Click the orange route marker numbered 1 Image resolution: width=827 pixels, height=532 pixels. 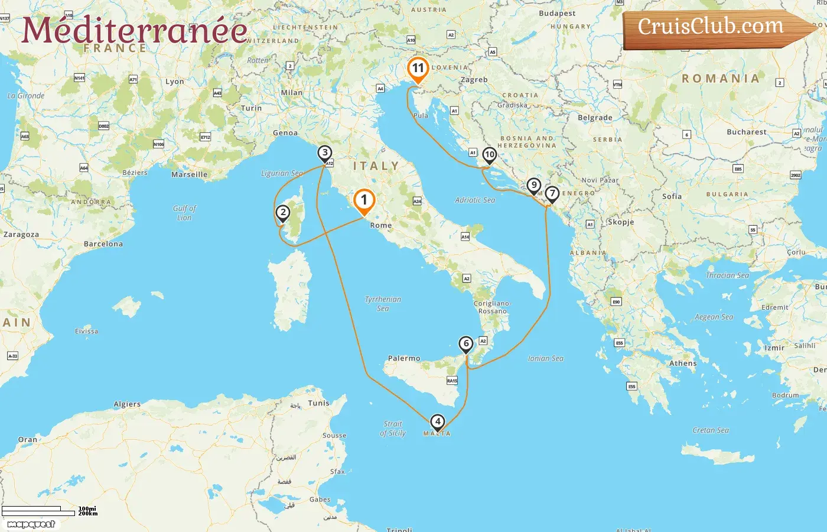[364, 201]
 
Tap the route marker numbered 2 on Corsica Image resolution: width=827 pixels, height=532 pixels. [283, 213]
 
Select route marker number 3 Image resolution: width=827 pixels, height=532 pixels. [324, 153]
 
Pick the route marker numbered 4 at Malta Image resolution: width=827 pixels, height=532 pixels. [437, 422]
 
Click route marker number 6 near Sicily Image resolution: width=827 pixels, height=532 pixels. [466, 344]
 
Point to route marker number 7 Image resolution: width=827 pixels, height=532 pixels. [552, 194]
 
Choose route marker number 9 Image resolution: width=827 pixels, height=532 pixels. [533, 186]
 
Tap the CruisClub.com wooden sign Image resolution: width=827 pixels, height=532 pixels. [712, 27]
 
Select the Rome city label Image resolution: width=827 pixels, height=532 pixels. [381, 226]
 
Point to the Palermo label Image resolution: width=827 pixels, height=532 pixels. [404, 358]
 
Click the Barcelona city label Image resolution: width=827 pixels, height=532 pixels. [103, 244]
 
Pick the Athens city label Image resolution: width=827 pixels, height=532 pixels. [683, 364]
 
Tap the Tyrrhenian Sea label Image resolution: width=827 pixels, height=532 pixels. [383, 303]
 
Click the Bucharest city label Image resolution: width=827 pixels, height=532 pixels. [747, 132]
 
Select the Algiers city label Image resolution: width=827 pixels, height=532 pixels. [127, 404]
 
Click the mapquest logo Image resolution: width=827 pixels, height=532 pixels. [31, 524]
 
